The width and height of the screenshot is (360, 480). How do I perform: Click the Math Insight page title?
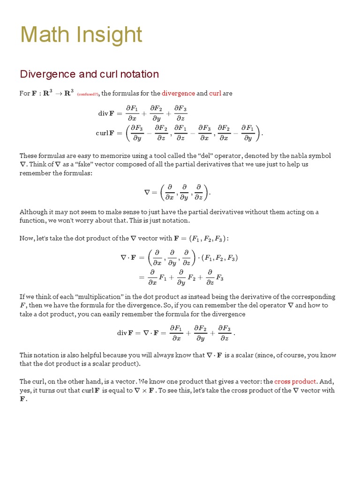click(x=81, y=35)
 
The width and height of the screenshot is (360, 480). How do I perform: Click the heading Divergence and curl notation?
click(x=89, y=74)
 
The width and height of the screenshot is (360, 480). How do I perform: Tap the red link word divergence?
click(x=178, y=93)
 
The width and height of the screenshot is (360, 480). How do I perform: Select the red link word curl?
click(x=215, y=93)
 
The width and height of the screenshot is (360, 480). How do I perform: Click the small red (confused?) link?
click(x=87, y=94)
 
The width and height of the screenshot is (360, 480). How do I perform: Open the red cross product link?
click(x=295, y=382)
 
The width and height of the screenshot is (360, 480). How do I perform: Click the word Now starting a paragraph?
click(x=27, y=239)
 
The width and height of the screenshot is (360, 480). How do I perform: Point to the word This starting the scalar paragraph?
click(x=27, y=355)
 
